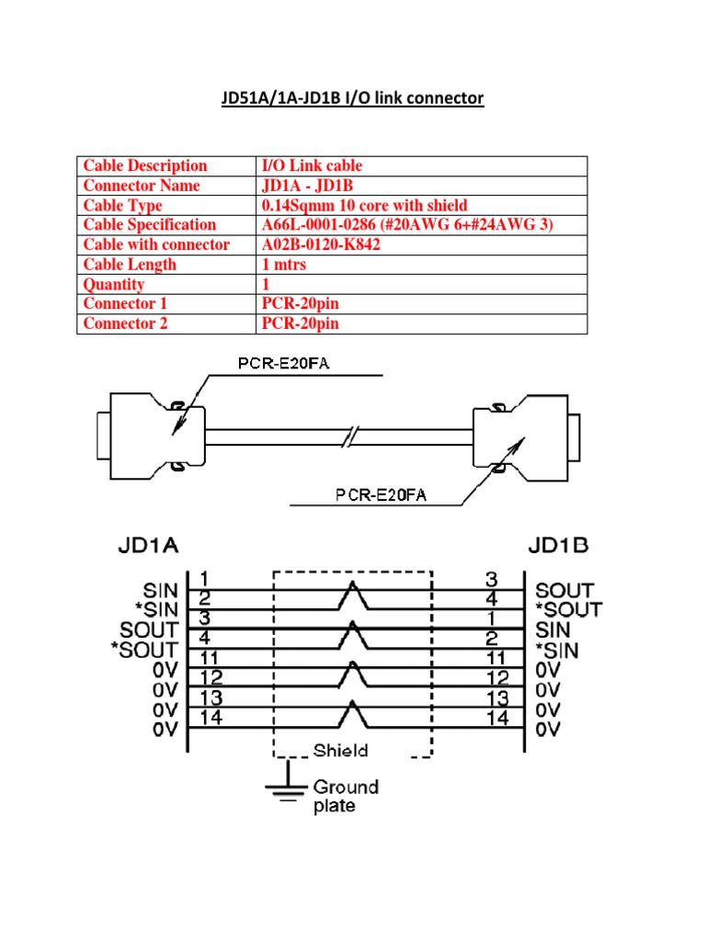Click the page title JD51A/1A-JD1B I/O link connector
[x=352, y=97]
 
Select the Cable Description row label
[x=145, y=165]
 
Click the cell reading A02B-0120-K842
[x=321, y=244]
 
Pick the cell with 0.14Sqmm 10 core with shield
[x=364, y=205]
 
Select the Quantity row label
[x=114, y=284]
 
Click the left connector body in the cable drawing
[x=147, y=433]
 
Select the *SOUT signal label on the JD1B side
[x=569, y=609]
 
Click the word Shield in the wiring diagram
[x=340, y=750]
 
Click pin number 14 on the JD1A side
[x=211, y=719]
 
